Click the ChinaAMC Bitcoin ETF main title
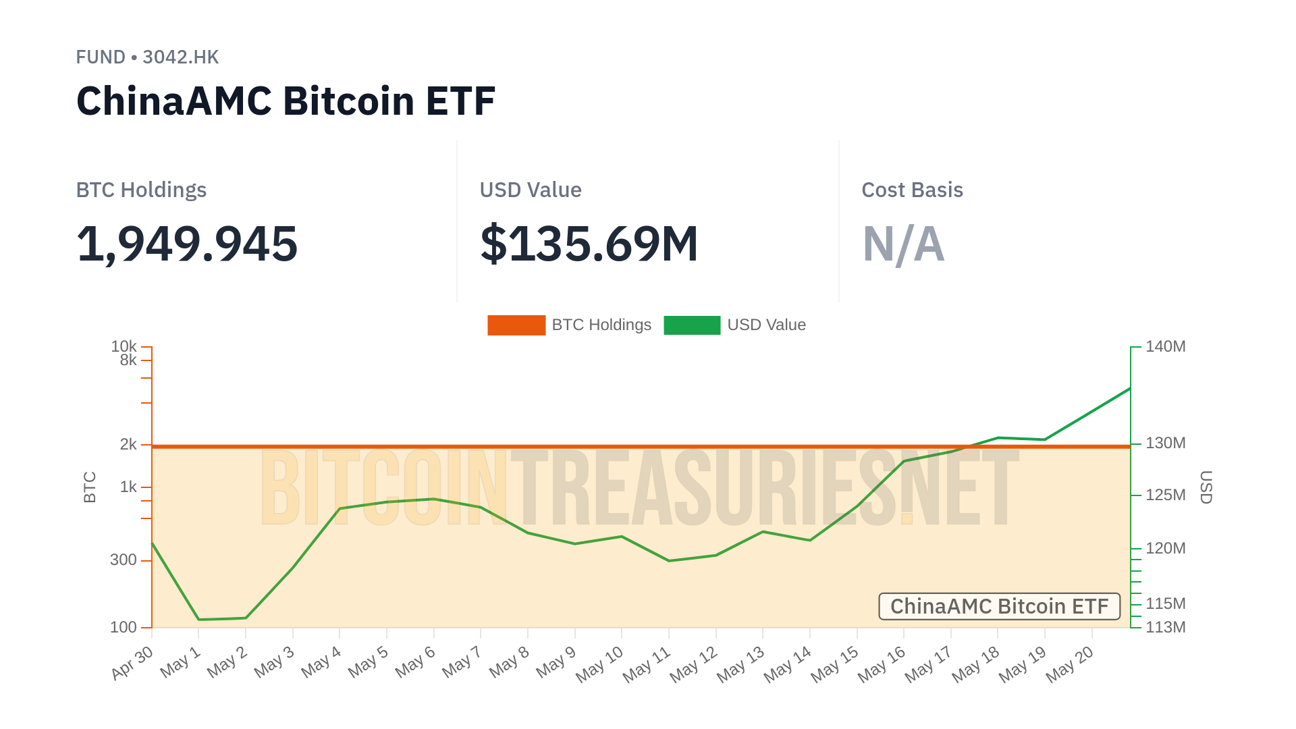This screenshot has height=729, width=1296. coord(286,101)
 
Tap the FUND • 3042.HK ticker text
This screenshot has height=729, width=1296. coord(147,57)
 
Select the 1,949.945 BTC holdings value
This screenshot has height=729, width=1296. coord(187,244)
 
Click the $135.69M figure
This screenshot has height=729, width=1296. coord(589,244)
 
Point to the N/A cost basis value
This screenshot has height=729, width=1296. coord(903,244)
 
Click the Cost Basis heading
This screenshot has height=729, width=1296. coord(912,190)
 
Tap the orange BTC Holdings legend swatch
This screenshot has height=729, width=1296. coord(516,325)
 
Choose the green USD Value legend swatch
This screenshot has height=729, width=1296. coord(692,325)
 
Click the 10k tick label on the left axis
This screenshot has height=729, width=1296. coord(124,346)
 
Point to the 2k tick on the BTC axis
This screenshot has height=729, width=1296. coord(128,444)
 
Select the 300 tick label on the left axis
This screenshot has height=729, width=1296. coord(124,560)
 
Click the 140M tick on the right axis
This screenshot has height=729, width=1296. coord(1165,346)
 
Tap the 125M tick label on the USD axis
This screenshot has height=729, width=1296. coord(1165,495)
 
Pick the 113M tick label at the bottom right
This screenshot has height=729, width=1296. coord(1165,627)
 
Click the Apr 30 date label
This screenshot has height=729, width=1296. coord(133,662)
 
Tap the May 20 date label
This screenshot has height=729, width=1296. coord(1070,664)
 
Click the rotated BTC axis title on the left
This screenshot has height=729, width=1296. coord(90,487)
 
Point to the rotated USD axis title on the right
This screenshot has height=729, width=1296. coord(1206,487)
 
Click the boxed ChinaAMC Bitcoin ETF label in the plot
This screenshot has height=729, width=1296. coord(999,606)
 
